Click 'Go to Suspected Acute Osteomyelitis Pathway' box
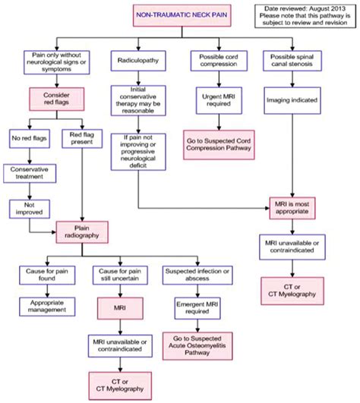(x=196, y=345)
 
